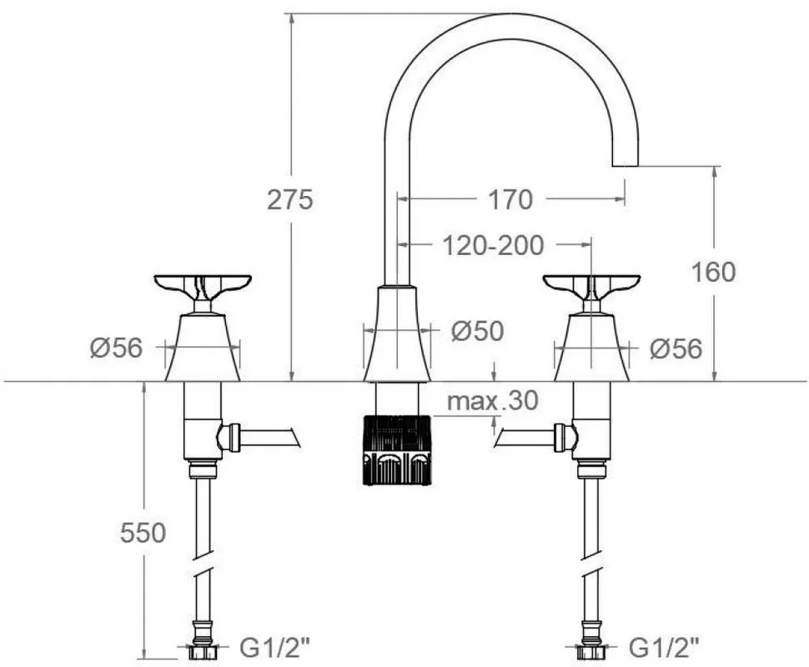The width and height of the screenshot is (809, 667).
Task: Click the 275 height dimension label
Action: click(289, 199)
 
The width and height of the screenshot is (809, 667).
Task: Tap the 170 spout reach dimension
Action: click(510, 199)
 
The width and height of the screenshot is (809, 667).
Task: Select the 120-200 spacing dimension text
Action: click(493, 245)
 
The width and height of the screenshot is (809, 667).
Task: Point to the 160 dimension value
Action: click(714, 272)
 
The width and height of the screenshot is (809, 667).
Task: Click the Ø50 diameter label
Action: click(477, 331)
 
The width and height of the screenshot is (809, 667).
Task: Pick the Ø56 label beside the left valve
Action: click(116, 349)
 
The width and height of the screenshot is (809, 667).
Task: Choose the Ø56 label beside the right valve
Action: click(676, 349)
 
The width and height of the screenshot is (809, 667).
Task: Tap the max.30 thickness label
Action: click(492, 400)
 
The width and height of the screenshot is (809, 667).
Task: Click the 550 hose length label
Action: click(143, 533)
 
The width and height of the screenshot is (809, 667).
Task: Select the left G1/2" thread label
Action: click(275, 647)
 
